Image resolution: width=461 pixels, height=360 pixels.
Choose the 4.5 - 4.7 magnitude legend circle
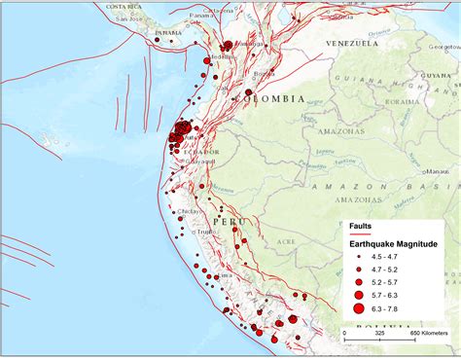359,256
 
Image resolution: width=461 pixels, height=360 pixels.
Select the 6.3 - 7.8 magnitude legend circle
359,308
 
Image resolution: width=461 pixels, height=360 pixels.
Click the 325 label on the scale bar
379,333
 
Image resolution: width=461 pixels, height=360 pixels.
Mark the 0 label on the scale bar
344,333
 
